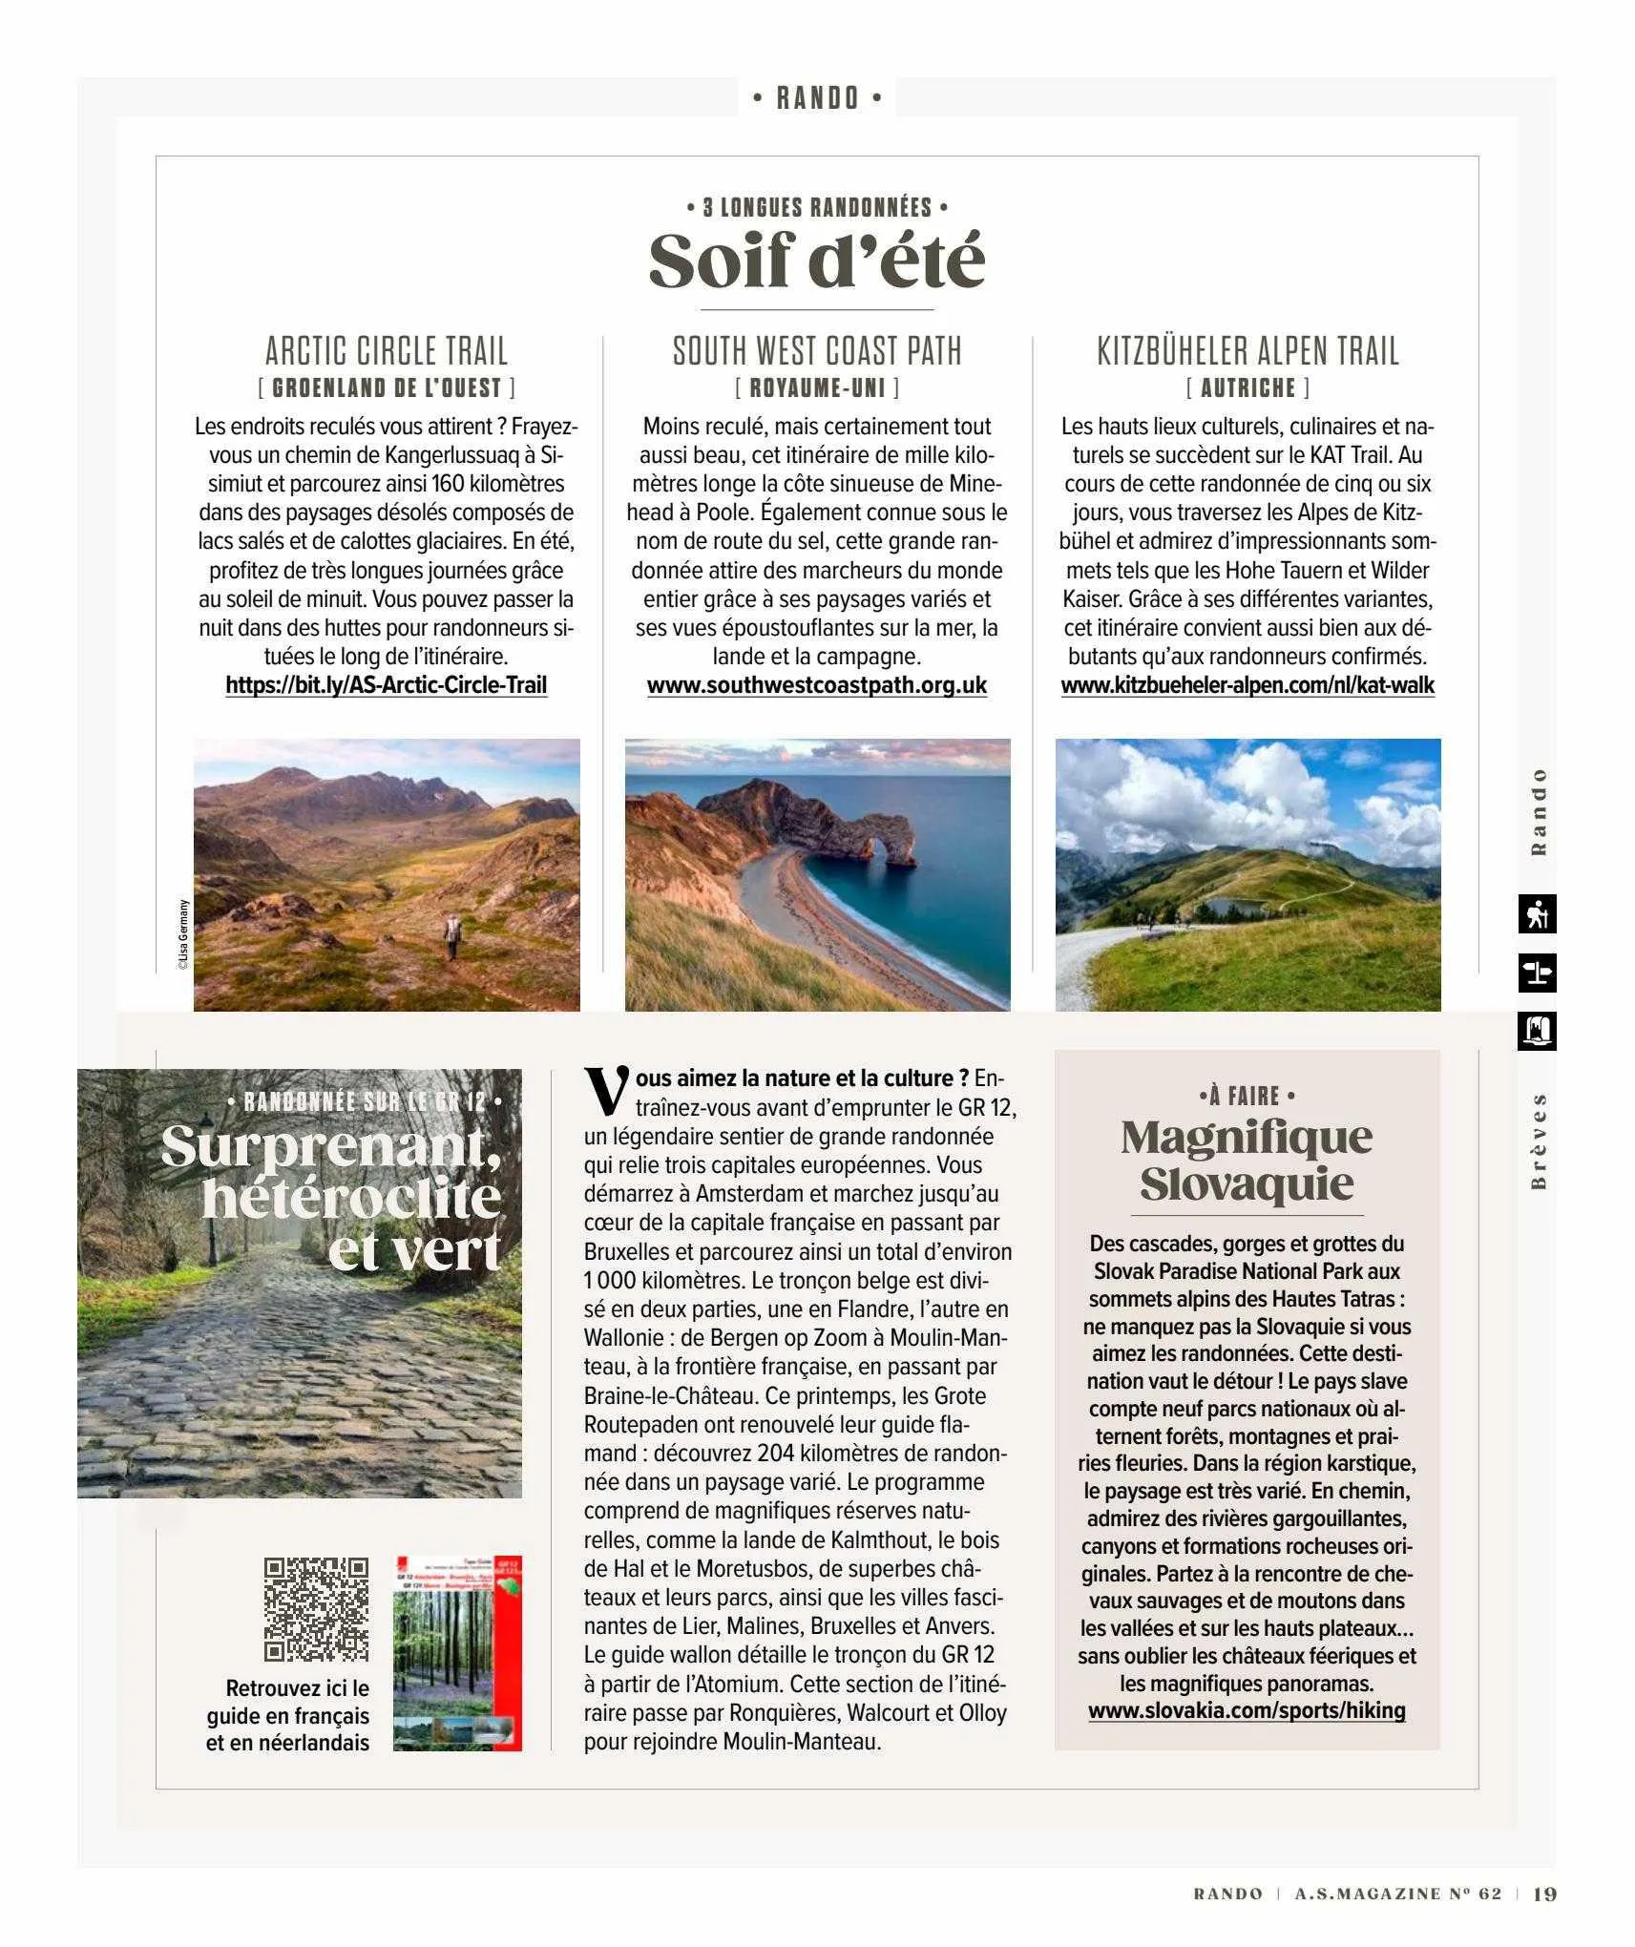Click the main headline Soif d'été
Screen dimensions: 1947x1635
816,260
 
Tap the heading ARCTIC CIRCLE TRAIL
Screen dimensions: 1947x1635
386,351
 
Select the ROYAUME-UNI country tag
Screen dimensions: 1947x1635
817,387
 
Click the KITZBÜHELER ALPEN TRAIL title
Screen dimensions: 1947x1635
1247,351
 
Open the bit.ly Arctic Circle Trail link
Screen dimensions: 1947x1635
386,685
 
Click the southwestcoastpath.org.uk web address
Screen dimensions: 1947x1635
817,685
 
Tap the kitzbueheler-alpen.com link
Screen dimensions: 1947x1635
1247,685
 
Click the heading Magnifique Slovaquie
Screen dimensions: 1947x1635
1247,1160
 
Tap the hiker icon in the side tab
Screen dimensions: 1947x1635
1536,914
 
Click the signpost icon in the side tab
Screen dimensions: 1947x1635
1536,973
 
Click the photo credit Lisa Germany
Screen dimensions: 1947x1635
183,934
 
